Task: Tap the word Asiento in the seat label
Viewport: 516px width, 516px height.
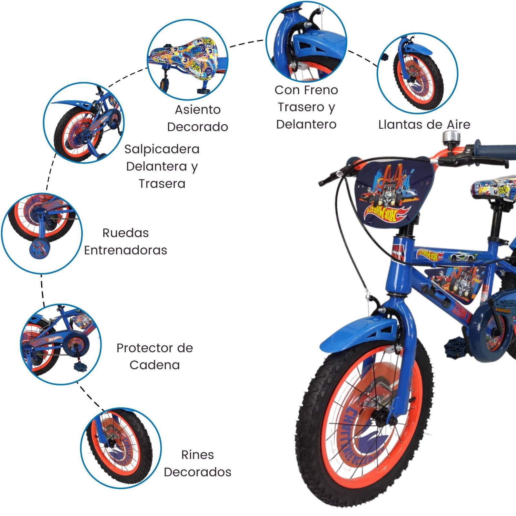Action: [x=198, y=110]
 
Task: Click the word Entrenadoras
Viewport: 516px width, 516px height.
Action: [x=125, y=250]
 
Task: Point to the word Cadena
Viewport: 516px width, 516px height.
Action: [x=154, y=365]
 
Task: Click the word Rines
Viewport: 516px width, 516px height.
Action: [x=197, y=455]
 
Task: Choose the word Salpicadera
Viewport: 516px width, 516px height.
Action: [x=162, y=149]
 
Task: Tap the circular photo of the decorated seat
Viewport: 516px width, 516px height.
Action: [x=188, y=59]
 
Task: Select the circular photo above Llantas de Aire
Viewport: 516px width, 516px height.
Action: [x=417, y=73]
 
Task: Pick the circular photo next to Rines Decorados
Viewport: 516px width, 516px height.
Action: [x=121, y=448]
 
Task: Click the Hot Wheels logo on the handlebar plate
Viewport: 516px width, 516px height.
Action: [x=387, y=213]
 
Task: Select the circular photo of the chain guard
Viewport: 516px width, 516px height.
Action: [x=61, y=344]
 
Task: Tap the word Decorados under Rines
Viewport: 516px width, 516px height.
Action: [x=197, y=472]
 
